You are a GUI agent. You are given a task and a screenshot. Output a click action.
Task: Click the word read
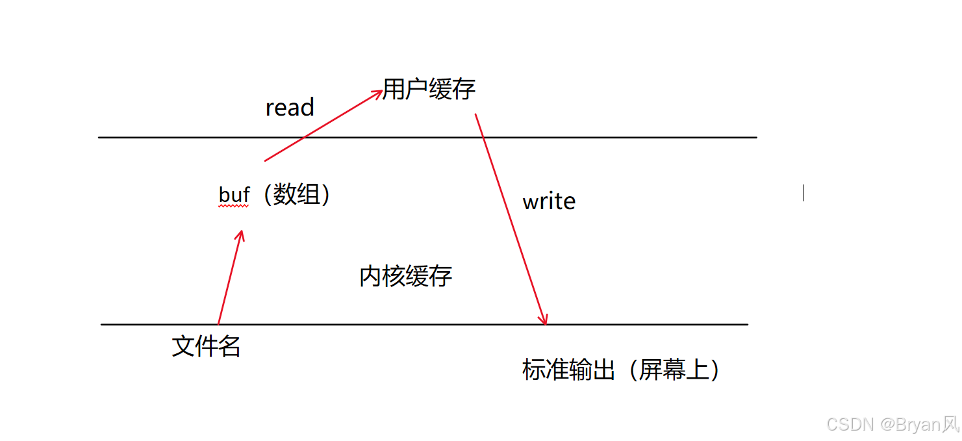(x=290, y=107)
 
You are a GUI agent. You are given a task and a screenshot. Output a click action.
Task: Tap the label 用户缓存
(x=429, y=89)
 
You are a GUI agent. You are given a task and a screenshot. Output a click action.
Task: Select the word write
(x=549, y=201)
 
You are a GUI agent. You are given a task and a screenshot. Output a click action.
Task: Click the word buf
(x=234, y=195)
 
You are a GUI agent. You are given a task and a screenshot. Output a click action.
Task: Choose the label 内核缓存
(x=405, y=277)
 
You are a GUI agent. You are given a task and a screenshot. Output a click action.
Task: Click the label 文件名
(x=206, y=346)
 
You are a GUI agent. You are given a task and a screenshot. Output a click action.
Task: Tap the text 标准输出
(x=568, y=370)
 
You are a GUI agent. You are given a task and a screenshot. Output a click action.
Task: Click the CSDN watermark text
(x=850, y=425)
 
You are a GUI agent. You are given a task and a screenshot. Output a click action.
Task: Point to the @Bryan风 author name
(x=919, y=425)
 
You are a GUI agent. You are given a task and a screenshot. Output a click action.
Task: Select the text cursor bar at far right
(x=804, y=192)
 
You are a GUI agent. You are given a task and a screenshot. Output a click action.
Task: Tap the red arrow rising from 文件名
(x=229, y=279)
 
